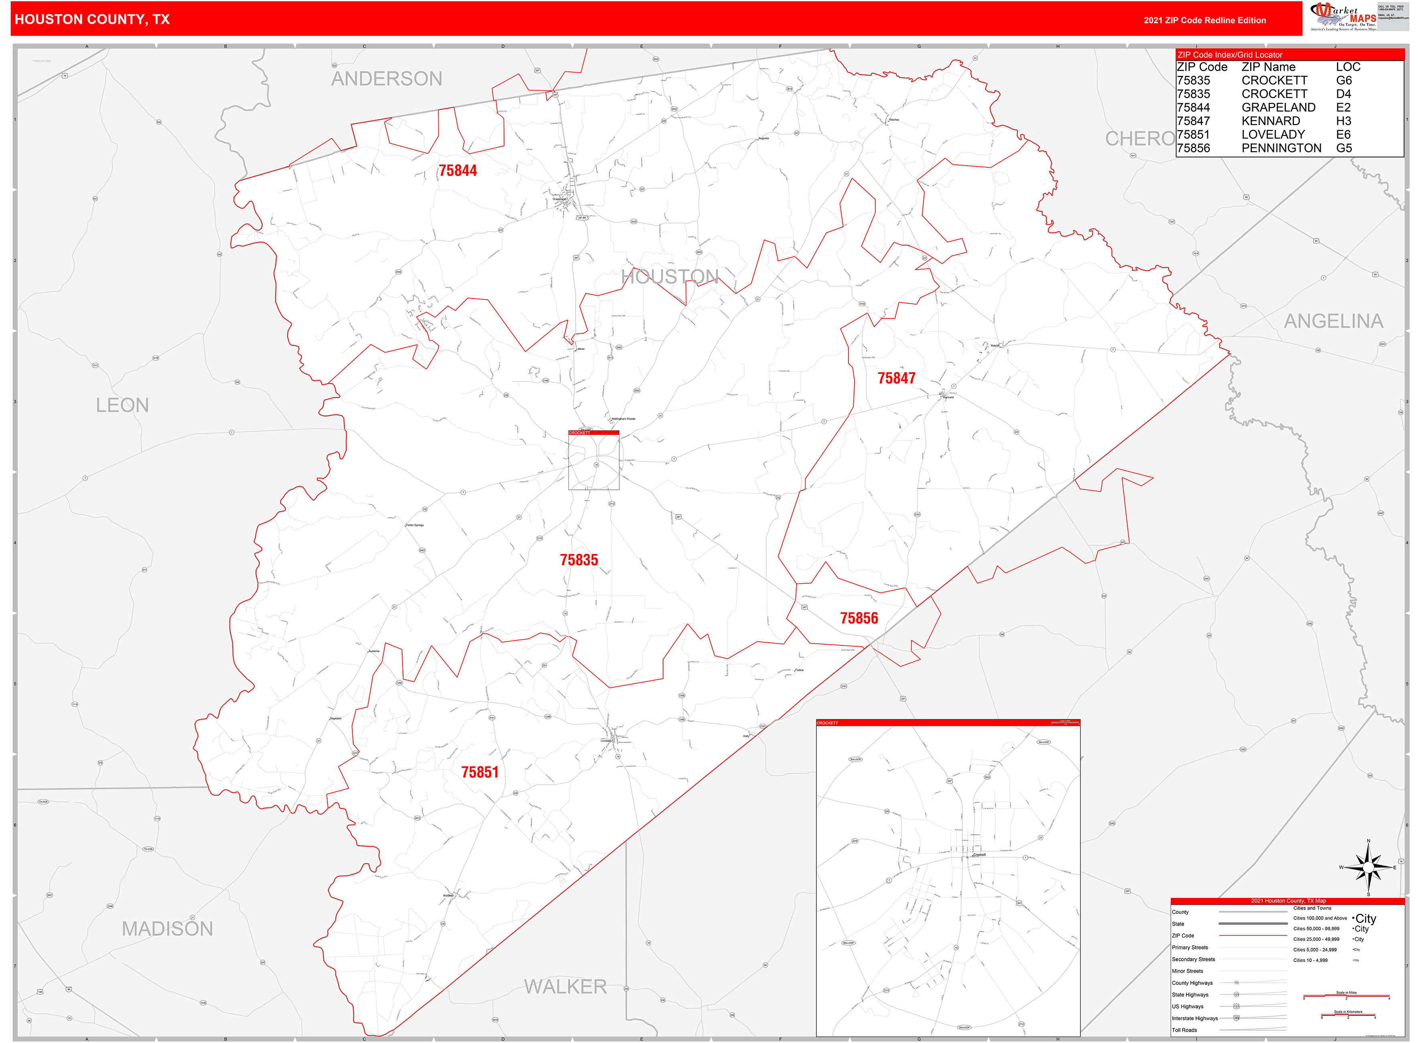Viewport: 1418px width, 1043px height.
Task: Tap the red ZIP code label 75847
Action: tap(896, 378)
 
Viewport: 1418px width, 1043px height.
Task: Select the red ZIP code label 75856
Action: tap(859, 618)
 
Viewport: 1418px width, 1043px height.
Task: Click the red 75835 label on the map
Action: tap(579, 560)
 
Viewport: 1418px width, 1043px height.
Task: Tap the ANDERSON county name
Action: tap(387, 79)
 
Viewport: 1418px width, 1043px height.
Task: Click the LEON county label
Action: tap(122, 405)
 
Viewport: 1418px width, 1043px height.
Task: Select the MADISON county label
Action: tap(167, 929)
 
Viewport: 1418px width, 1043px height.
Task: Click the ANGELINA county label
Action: tap(1333, 321)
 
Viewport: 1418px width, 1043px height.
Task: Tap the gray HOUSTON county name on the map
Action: tap(669, 276)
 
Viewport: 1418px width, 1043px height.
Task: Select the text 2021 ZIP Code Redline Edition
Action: tap(1204, 20)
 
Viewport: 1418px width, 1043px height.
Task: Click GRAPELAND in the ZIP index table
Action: tap(1278, 108)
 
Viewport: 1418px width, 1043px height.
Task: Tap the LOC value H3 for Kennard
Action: tap(1343, 121)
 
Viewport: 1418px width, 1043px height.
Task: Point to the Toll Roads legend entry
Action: tap(1184, 1030)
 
